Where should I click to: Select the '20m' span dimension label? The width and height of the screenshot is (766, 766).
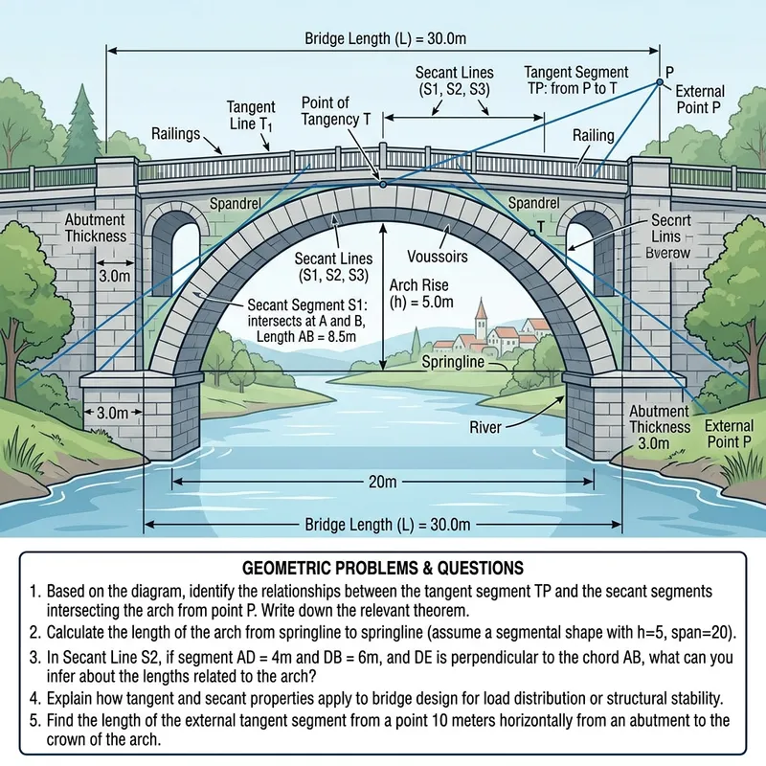point(382,483)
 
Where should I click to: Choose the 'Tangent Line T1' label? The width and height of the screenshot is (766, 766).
point(251,114)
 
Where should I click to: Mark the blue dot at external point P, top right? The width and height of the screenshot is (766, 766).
point(659,83)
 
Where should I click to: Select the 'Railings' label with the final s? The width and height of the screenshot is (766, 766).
point(176,133)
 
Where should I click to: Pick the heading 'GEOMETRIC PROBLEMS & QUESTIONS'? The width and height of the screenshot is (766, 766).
point(382,568)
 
